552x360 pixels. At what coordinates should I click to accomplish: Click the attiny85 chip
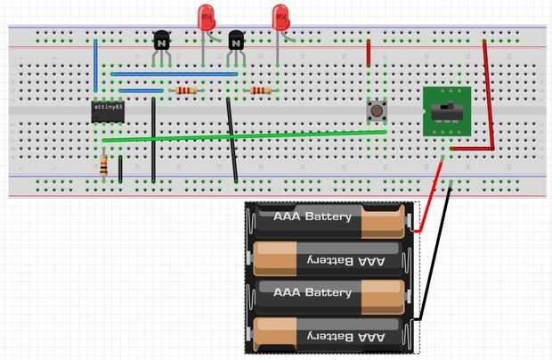click(108, 111)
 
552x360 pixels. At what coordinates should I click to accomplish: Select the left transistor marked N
click(161, 40)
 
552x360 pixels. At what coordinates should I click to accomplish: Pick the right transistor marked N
click(236, 40)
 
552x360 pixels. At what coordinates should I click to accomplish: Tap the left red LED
click(207, 17)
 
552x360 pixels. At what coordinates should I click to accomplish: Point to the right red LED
click(280, 17)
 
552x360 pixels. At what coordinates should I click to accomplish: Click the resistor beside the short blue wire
click(186, 90)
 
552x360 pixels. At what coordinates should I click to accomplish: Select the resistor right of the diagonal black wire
click(260, 90)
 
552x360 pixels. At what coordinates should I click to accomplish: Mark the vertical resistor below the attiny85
click(104, 165)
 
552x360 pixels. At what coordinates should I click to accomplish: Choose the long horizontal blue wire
click(174, 74)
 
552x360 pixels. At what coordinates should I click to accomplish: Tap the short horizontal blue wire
click(140, 90)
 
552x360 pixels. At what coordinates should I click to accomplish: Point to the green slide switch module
click(445, 111)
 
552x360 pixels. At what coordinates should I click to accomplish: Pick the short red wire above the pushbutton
click(369, 53)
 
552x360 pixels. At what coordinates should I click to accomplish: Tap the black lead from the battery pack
click(436, 258)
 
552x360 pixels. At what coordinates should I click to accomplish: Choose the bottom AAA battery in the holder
click(329, 334)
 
